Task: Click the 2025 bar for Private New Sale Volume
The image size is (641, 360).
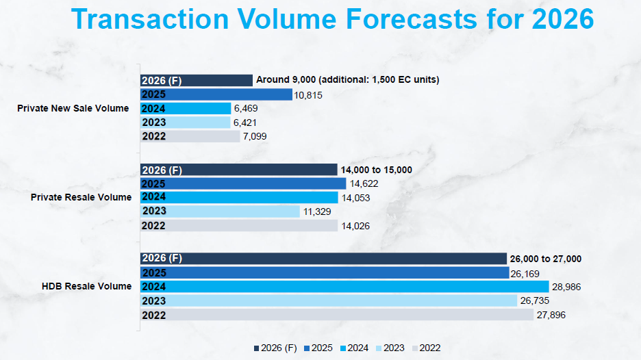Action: [216, 94]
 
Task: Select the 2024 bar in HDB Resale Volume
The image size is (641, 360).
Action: [344, 287]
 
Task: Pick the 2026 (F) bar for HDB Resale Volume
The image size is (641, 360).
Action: [323, 258]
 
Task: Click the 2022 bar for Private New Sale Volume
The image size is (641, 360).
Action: [190, 136]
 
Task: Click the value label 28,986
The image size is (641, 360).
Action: [566, 287]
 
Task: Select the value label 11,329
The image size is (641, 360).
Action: [316, 212]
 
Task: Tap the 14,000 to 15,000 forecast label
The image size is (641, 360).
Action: [377, 170]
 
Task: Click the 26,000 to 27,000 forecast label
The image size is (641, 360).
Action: [546, 259]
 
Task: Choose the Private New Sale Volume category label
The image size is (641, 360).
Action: [73, 108]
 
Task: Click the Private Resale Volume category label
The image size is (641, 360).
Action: [81, 197]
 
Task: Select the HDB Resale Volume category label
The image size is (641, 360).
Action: [86, 286]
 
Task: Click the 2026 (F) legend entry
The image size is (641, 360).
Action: [276, 348]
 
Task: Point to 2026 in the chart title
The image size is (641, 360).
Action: [562, 19]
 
